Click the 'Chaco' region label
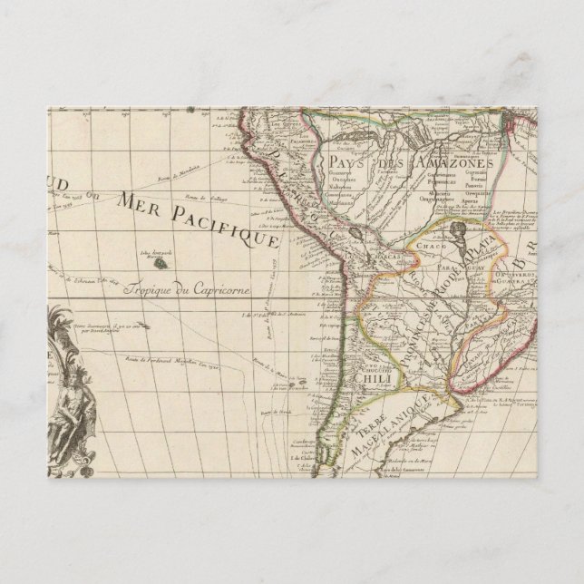tap(427, 245)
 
